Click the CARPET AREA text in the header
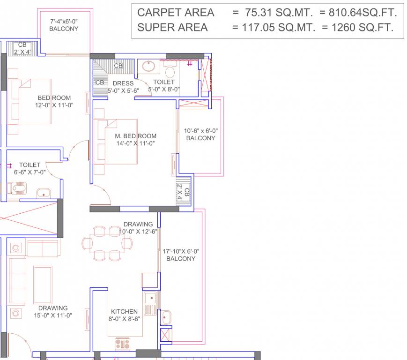point(176,13)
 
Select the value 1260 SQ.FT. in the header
point(362,28)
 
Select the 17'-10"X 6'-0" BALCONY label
point(180,255)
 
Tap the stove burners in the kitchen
point(122,343)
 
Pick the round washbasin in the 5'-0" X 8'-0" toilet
point(149,67)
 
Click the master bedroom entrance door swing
point(100,195)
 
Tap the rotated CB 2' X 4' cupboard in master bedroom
point(184,191)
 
